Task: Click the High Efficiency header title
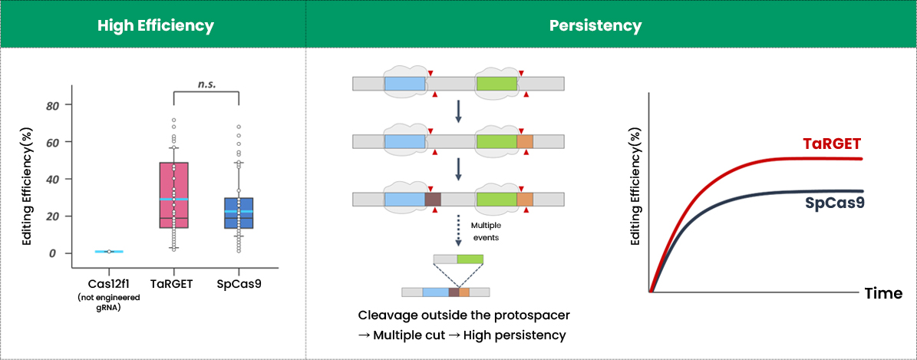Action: click(155, 25)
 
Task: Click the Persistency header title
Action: click(595, 25)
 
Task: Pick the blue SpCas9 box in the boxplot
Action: click(239, 213)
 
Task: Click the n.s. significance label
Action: click(206, 84)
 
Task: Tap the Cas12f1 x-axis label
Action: click(109, 284)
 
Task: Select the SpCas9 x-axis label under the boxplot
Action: click(239, 284)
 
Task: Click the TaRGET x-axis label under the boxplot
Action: click(173, 284)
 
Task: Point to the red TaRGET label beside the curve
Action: click(833, 144)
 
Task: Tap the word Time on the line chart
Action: click(882, 293)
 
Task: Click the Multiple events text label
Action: click(485, 231)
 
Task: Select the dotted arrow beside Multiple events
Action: click(458, 230)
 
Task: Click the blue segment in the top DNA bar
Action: click(404, 84)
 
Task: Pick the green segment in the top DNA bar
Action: click(496, 84)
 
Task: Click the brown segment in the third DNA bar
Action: click(433, 200)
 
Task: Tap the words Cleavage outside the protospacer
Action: click(463, 315)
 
